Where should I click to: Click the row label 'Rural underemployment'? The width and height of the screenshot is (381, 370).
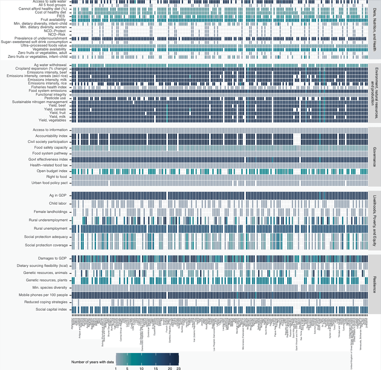click(x=48, y=220)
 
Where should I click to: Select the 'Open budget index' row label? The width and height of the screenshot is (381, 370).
click(x=52, y=171)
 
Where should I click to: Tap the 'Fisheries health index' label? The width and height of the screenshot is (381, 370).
click(x=49, y=87)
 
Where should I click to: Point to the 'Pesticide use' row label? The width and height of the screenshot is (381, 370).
click(x=55, y=98)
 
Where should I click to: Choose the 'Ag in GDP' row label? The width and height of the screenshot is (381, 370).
click(x=58, y=196)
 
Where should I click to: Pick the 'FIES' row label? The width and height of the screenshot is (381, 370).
click(x=61, y=16)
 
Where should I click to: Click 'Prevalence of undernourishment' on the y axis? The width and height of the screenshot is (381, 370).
click(x=41, y=39)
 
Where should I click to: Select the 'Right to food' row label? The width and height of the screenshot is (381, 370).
click(x=57, y=177)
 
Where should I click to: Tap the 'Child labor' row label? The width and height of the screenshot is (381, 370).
click(x=58, y=204)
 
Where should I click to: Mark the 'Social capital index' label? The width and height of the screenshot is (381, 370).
click(x=51, y=310)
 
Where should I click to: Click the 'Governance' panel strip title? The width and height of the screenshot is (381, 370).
click(x=374, y=157)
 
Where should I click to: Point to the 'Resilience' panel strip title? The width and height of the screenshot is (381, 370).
click(x=374, y=284)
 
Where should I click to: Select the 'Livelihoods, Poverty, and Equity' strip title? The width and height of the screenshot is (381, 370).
click(x=374, y=221)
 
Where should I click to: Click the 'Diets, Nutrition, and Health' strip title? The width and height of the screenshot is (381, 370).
click(x=374, y=30)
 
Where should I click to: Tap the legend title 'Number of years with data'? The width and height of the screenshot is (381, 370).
click(x=93, y=362)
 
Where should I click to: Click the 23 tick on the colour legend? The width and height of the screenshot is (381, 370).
click(x=178, y=369)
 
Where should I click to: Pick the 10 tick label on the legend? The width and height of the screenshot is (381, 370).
click(x=141, y=369)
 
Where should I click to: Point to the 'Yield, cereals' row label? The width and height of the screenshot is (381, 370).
click(x=55, y=110)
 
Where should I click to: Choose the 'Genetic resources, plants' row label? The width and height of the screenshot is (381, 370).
click(x=47, y=280)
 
